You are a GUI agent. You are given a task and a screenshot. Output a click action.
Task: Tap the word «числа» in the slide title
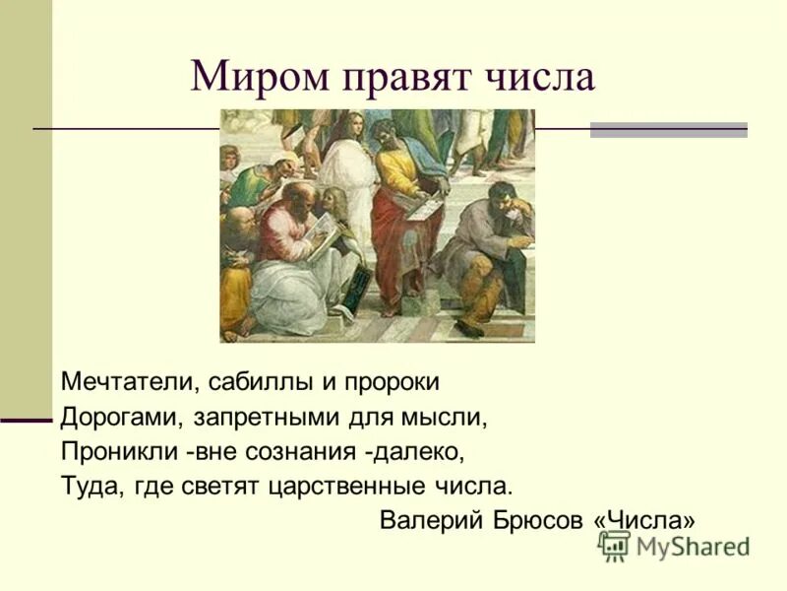coord(539,77)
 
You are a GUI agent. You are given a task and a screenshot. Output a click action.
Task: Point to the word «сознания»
coord(302,451)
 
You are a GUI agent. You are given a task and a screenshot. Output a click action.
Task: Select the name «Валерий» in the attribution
coord(425,521)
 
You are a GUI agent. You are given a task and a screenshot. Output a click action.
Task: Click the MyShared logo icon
coord(614,546)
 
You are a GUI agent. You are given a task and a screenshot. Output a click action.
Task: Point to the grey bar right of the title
coord(668,130)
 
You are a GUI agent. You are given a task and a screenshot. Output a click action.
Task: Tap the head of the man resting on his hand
coord(504,196)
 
